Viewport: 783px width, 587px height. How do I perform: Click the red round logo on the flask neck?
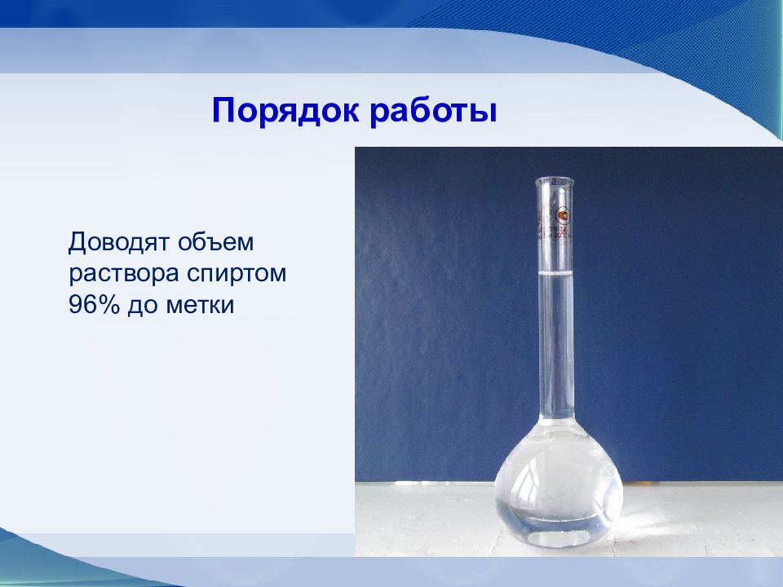tap(561, 214)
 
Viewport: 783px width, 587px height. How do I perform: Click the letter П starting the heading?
tap(223, 110)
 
